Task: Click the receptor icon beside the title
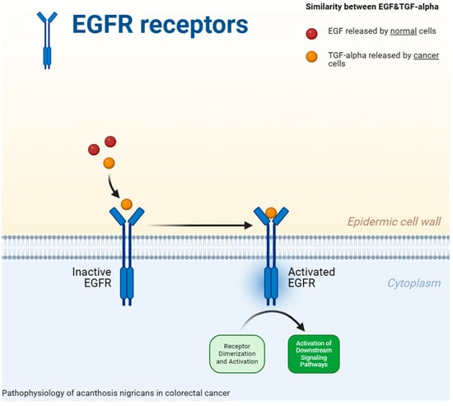click(x=47, y=40)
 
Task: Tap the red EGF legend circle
click(x=311, y=34)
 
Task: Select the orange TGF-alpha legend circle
click(x=311, y=56)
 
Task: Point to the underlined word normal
click(x=404, y=31)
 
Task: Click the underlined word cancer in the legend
click(x=426, y=55)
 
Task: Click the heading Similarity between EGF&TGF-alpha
click(x=372, y=7)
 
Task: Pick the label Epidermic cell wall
click(x=394, y=222)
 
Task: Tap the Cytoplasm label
click(x=414, y=283)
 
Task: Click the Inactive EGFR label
click(x=92, y=278)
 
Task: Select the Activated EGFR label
click(x=311, y=278)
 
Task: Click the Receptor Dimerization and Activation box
click(x=237, y=354)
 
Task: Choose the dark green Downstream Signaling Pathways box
click(x=314, y=354)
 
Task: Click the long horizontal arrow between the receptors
click(x=200, y=225)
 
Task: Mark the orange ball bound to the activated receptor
click(x=271, y=213)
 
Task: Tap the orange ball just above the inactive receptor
click(x=127, y=204)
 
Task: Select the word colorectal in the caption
click(x=184, y=393)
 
